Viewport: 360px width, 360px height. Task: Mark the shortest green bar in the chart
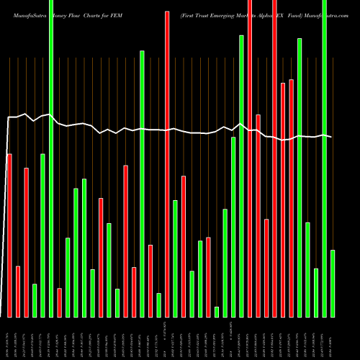pos(217,312)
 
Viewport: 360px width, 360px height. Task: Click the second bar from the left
pos(18,292)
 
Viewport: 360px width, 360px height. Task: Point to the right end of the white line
pos(331,137)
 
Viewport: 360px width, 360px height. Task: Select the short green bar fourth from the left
pos(35,300)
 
